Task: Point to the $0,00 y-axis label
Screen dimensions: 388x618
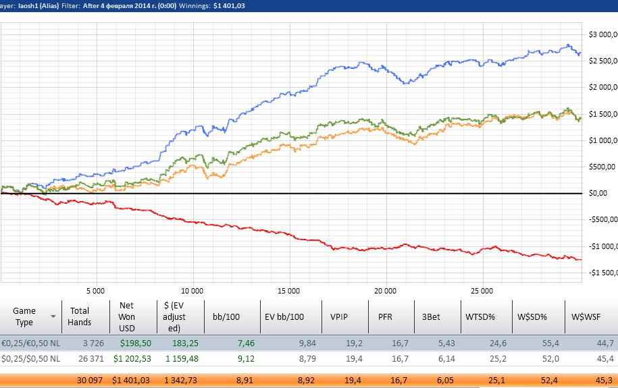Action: point(598,193)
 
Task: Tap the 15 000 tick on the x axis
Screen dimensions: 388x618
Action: point(288,292)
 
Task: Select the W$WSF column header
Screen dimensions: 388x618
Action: point(586,316)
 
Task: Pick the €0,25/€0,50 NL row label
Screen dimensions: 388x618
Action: point(30,342)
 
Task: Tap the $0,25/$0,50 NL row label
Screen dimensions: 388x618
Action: point(30,358)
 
